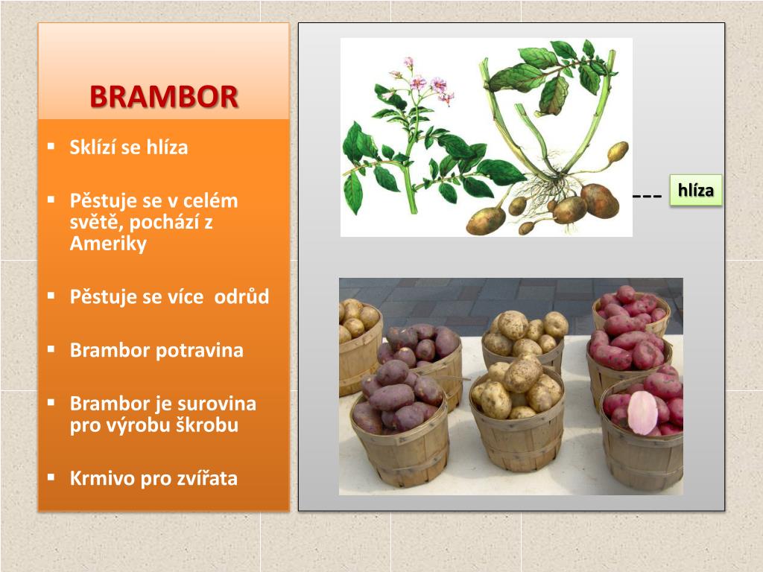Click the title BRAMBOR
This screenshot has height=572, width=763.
164,97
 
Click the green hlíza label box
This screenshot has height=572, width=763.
695,191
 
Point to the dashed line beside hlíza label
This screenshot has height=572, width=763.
647,197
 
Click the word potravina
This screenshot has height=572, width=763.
199,350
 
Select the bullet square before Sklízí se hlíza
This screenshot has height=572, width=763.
51,146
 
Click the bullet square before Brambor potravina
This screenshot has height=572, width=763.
51,349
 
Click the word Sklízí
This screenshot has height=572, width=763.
93,147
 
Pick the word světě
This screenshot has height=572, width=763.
92,223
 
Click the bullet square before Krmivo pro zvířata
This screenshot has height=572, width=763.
51,477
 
